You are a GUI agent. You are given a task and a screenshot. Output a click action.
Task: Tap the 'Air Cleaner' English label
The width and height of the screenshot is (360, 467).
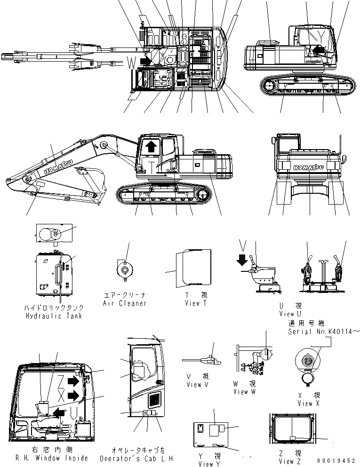tap(124, 304)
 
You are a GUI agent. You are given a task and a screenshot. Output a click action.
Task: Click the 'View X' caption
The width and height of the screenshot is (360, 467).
tap(308, 404)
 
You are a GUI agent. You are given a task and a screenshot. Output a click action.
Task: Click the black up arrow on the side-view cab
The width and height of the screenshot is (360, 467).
tap(151, 147)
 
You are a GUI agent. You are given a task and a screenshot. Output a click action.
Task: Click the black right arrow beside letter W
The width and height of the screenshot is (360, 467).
tap(146, 61)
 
